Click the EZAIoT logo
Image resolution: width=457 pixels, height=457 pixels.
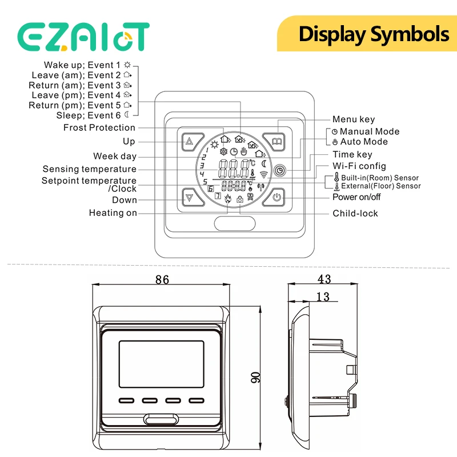(83, 37)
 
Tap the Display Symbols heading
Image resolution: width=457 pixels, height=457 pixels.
(374, 35)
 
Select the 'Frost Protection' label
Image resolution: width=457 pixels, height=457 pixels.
(99, 127)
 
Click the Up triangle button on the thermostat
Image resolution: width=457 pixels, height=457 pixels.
(193, 142)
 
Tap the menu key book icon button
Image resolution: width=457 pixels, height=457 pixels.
(274, 142)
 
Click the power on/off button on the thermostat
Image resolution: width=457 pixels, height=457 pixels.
(274, 197)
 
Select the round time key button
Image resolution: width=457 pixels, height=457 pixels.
(280, 170)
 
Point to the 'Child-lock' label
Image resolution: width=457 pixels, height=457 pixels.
(355, 213)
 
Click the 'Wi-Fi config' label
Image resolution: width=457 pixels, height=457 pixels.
(359, 166)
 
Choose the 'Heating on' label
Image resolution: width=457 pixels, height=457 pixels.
(113, 213)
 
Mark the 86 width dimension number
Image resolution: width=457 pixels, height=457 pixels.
(162, 279)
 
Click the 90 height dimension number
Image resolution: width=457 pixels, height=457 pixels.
(255, 378)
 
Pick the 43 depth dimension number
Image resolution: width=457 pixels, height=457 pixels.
(324, 279)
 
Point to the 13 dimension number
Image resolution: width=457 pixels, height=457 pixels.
(323, 296)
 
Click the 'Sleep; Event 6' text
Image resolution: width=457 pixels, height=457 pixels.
(89, 115)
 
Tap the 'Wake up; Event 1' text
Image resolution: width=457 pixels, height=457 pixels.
(82, 65)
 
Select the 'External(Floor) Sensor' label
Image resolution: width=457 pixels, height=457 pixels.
(381, 186)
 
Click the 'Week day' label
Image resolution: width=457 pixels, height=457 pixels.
(115, 156)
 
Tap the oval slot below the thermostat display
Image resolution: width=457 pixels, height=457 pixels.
(235, 224)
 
